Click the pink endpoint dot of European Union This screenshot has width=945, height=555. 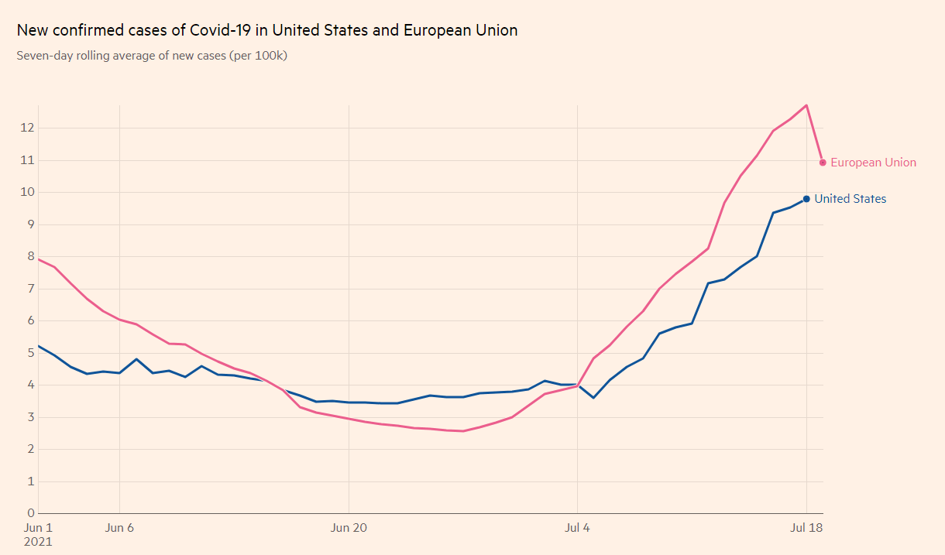823,163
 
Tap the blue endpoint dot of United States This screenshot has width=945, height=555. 806,199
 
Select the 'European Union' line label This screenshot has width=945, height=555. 873,163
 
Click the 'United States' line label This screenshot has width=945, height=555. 850,199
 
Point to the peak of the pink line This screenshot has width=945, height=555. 806,105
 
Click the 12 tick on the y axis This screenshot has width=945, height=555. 27,128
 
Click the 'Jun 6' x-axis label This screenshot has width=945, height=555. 119,528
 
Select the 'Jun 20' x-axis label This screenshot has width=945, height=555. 349,528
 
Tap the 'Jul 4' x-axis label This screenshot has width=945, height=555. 578,528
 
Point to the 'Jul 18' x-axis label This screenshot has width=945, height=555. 806,528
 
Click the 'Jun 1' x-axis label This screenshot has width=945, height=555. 40,528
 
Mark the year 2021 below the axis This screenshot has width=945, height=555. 40,542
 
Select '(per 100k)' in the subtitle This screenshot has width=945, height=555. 258,56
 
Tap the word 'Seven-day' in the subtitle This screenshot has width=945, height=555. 44,56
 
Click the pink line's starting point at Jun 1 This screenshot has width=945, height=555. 39,259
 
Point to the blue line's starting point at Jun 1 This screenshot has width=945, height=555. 39,346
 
